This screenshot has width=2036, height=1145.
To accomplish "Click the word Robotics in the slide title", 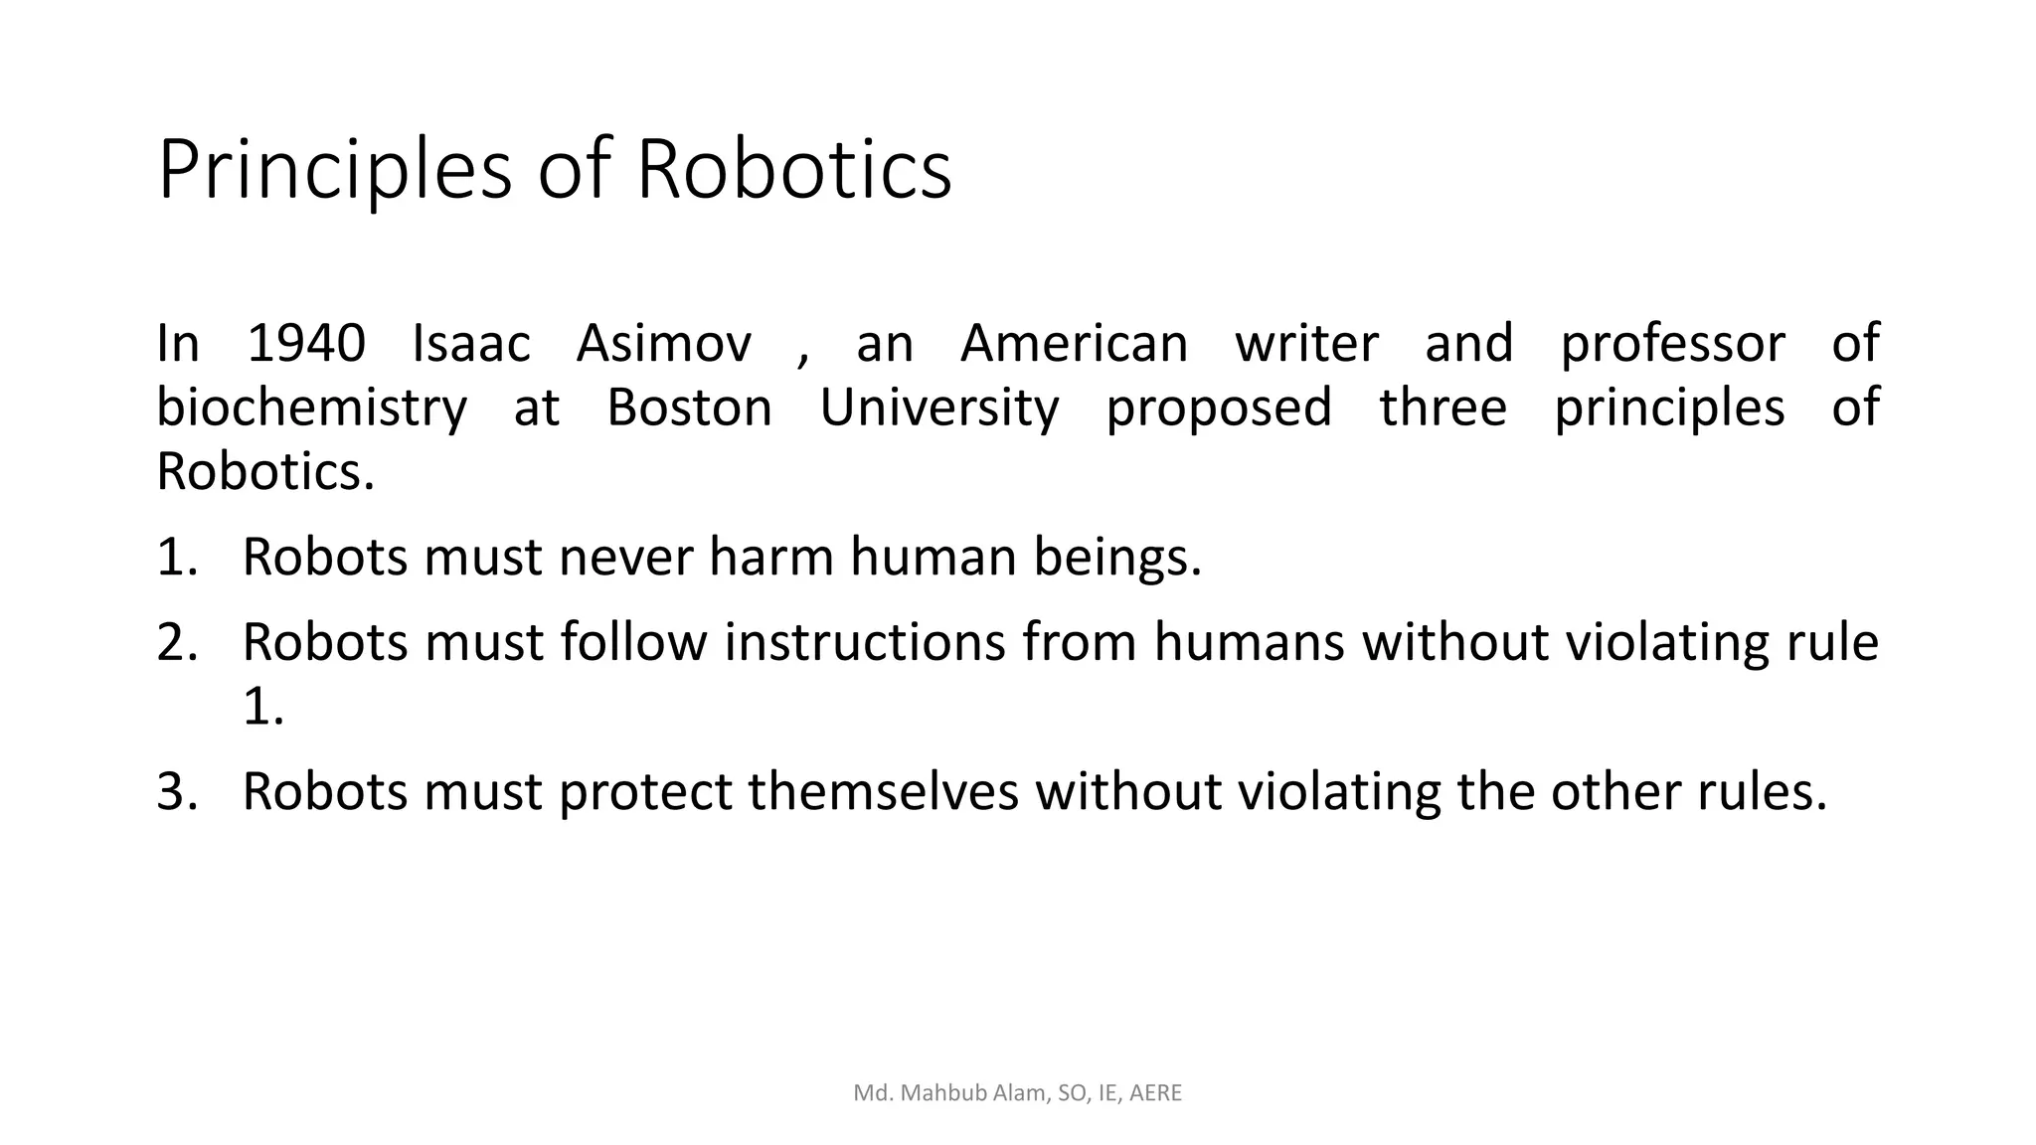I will tap(793, 169).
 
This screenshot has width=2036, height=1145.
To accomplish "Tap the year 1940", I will tap(306, 343).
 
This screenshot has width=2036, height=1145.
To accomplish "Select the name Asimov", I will tap(664, 343).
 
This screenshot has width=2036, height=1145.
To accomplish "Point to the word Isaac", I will tap(471, 343).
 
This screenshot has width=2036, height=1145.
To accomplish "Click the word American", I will tap(1074, 343).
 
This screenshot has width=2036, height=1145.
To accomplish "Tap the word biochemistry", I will tap(311, 409).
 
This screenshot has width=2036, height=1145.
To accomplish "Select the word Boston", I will tap(689, 408).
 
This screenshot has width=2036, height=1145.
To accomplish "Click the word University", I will tap(939, 409).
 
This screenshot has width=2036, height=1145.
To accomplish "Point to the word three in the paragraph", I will tap(1442, 408).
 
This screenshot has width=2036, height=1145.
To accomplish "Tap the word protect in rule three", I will tap(649, 792).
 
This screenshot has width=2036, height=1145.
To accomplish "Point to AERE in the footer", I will tap(1155, 1093).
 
